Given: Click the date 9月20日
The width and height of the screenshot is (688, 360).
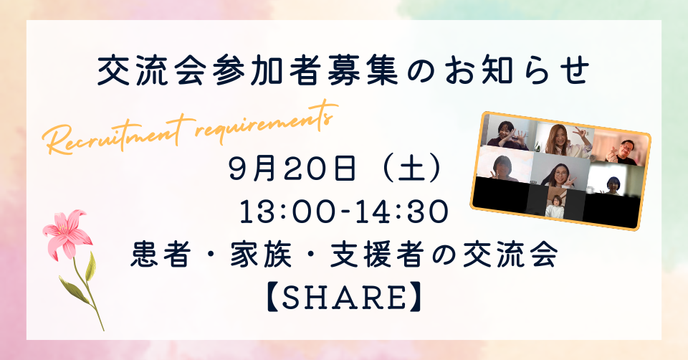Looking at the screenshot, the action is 292,169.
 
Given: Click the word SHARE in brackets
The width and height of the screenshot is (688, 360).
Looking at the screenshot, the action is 343,298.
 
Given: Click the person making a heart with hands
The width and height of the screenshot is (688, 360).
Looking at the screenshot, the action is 507,135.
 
